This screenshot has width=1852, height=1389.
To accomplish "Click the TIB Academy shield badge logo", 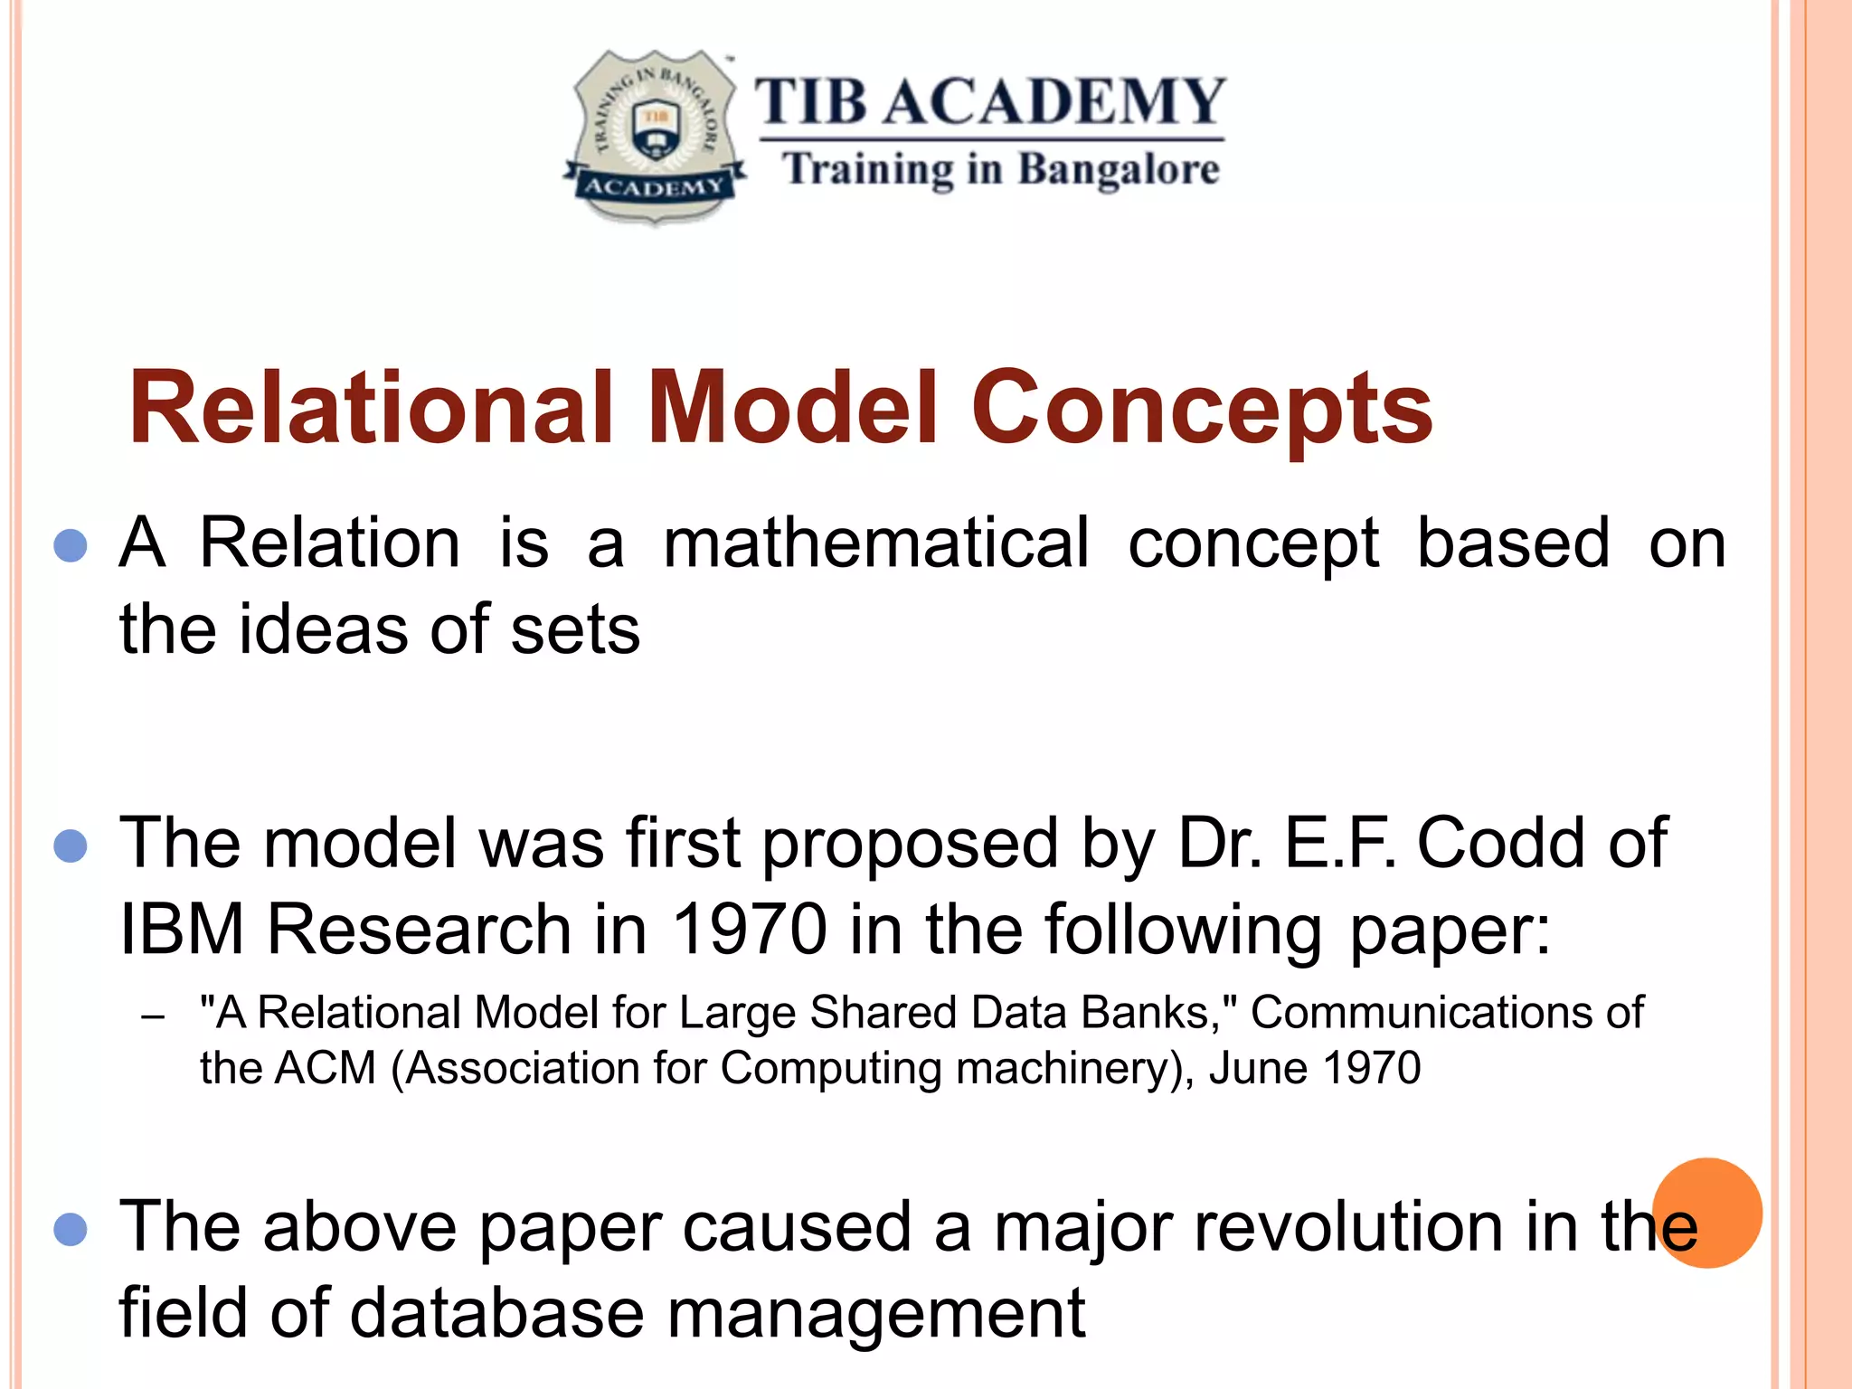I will [x=654, y=136].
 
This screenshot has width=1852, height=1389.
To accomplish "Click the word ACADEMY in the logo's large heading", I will [x=1054, y=101].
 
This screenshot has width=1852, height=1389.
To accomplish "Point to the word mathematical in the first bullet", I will [x=875, y=543].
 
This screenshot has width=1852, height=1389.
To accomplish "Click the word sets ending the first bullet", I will [x=575, y=629].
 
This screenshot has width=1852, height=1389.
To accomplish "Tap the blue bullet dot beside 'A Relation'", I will [x=71, y=545].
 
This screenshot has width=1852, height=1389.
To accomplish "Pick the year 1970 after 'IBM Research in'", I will [x=750, y=930].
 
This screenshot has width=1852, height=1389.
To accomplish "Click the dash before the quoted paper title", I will [x=153, y=1016].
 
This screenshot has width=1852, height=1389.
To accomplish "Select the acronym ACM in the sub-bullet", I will [x=326, y=1068].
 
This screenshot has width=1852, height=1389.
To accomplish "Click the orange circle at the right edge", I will [x=1707, y=1213].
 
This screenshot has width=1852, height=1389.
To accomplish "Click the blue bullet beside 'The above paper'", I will [x=71, y=1230].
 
